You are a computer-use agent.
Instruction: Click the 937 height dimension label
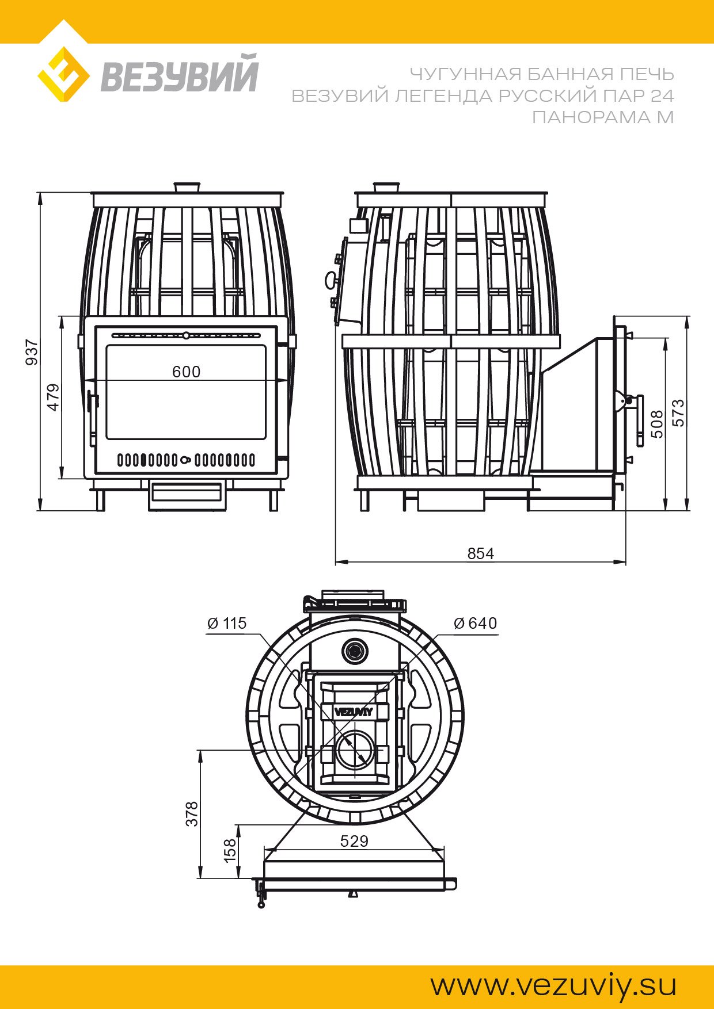pyautogui.click(x=32, y=352)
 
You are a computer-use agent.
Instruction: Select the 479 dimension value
pyautogui.click(x=53, y=397)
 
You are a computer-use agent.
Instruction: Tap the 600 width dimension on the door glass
pyautogui.click(x=187, y=372)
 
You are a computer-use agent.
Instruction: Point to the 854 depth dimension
pyautogui.click(x=481, y=553)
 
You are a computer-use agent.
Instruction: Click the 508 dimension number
pyautogui.click(x=657, y=424)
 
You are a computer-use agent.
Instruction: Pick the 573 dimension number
pyautogui.click(x=679, y=412)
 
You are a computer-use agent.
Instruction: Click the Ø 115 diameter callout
pyautogui.click(x=227, y=623)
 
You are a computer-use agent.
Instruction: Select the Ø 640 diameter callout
pyautogui.click(x=476, y=623)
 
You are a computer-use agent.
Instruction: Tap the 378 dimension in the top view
pyautogui.click(x=192, y=814)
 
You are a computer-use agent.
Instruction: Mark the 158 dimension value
pyautogui.click(x=230, y=850)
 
